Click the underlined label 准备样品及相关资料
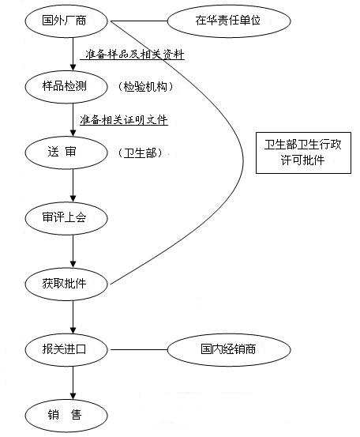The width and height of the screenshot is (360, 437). (x=134, y=55)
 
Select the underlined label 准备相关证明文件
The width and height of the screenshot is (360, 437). (x=123, y=120)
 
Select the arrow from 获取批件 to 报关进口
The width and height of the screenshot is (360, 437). (x=73, y=315)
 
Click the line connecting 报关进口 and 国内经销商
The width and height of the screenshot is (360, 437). (x=141, y=348)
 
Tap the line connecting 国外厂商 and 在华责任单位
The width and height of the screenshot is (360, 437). (x=141, y=21)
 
